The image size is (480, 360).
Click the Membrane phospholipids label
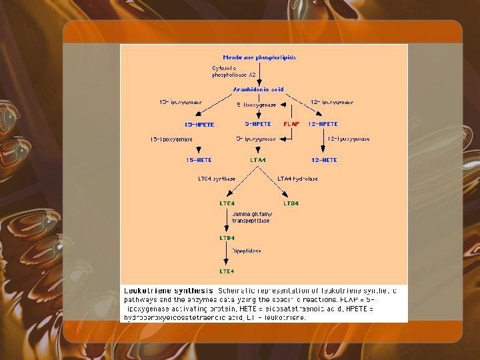pos(259,57)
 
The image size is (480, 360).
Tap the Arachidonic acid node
pos(258,89)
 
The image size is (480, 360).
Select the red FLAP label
pos(291,124)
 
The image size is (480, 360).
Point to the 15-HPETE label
pos(199,125)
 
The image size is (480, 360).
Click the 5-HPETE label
pos(258,124)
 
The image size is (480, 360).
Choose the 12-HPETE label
pos(323,124)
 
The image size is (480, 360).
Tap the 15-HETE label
pos(199,160)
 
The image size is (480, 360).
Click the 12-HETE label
pos(324,160)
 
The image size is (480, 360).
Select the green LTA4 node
pos(258,160)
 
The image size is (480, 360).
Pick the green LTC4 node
pos(227,203)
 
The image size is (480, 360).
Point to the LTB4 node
pos(291,203)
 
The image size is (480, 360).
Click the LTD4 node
pos(227,237)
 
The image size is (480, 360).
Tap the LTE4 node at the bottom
pos(227,271)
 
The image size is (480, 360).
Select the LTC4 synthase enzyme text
pos(217,179)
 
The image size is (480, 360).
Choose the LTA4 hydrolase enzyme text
pos(297,179)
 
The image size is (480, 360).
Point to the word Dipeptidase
pos(247,251)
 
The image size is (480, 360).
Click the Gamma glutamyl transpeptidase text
pos(251,217)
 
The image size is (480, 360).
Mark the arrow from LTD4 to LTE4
pos(227,255)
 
